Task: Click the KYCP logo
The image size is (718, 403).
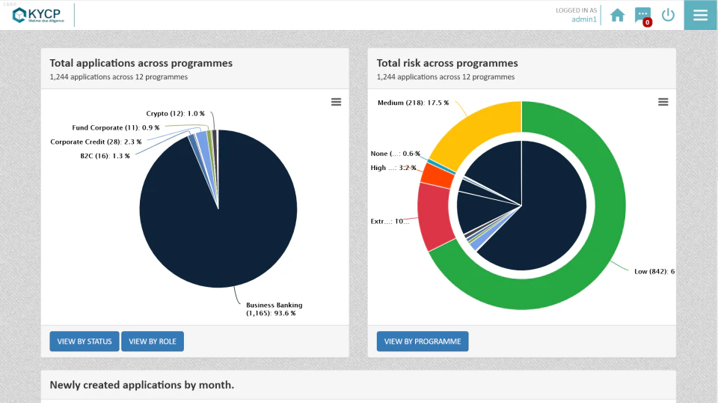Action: click(37, 15)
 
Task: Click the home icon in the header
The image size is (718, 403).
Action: click(617, 15)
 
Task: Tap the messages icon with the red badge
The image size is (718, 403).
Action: click(642, 15)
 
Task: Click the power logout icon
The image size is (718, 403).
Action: click(668, 15)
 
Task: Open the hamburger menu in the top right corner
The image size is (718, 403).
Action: click(701, 15)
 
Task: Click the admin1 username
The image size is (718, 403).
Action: click(584, 19)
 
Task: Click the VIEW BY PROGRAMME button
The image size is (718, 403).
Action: click(423, 342)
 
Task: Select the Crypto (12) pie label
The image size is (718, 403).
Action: click(175, 114)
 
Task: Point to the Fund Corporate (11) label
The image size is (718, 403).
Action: click(115, 128)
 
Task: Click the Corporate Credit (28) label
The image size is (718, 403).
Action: click(96, 142)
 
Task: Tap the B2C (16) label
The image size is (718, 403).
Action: click(105, 156)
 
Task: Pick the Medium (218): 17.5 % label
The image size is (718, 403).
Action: click(413, 103)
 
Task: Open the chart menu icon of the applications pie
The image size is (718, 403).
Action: click(337, 102)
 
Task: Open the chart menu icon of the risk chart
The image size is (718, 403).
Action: click(663, 102)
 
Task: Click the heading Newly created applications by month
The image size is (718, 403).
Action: click(142, 385)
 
